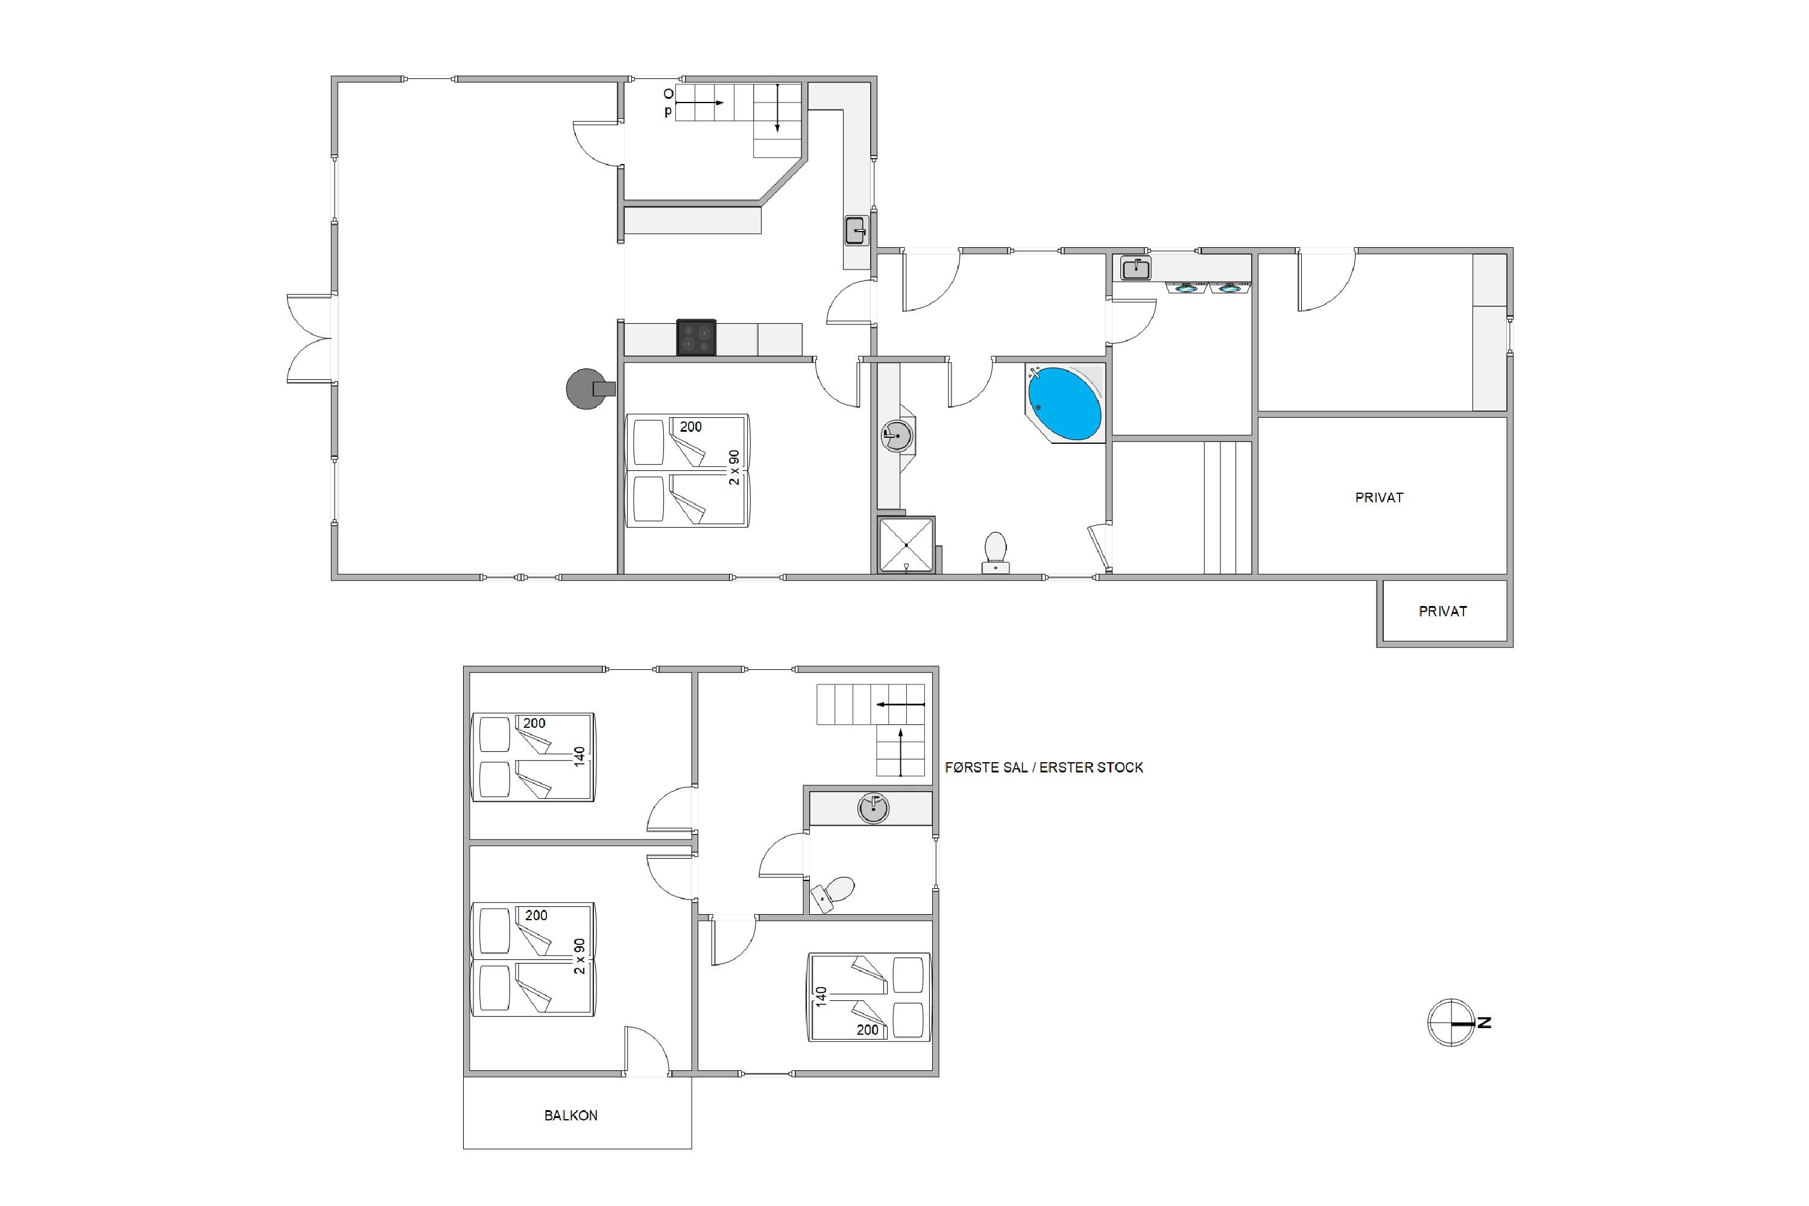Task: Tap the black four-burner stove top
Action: click(x=696, y=338)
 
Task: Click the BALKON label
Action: click(x=570, y=1115)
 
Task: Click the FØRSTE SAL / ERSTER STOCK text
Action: click(x=1044, y=768)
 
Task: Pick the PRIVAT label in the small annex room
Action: click(x=1443, y=611)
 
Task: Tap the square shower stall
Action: click(x=907, y=545)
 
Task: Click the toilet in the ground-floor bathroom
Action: click(x=996, y=552)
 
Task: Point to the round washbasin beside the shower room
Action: click(x=897, y=435)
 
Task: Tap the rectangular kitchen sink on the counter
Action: click(x=856, y=230)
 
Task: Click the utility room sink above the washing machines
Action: click(x=1135, y=268)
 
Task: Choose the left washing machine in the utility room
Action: click(x=1187, y=288)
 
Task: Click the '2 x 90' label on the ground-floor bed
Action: click(x=734, y=468)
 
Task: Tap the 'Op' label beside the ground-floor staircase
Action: click(x=668, y=103)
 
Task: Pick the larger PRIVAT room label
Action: click(x=1379, y=497)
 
